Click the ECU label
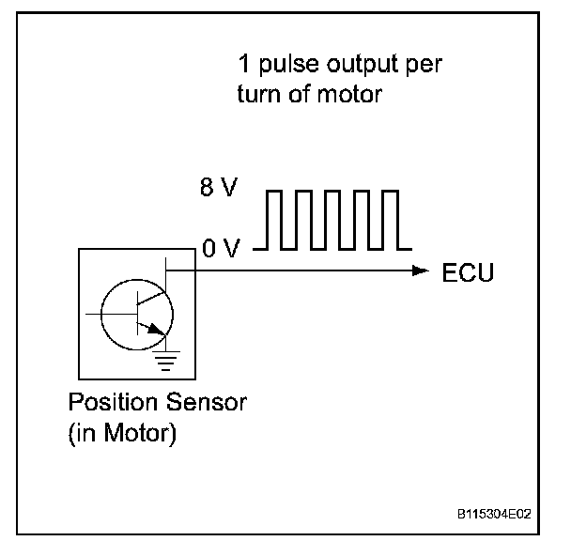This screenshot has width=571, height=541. coord(467,272)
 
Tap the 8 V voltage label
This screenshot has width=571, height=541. coord(218,189)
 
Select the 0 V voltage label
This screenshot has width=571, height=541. coord(221,250)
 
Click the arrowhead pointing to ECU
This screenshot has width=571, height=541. coord(420,270)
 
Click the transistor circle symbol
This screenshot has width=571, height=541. coord(131,313)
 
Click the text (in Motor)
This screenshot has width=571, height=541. coord(121,437)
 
